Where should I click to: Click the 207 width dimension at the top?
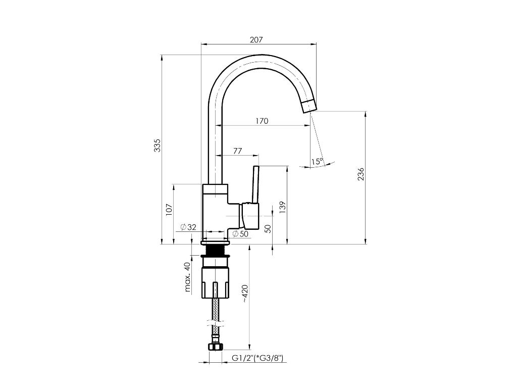(x=256, y=40)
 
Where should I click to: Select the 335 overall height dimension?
(x=158, y=145)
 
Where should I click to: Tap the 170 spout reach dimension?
(x=262, y=121)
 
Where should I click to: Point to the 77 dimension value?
(x=237, y=151)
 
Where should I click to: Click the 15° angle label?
(x=317, y=162)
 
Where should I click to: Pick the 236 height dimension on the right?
(x=361, y=174)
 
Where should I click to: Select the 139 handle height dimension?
(x=283, y=208)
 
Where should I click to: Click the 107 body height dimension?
(x=169, y=210)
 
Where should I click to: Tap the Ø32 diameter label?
(x=188, y=227)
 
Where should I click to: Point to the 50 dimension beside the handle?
(x=268, y=229)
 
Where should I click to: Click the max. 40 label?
(x=187, y=277)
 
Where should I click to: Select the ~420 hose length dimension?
(x=245, y=294)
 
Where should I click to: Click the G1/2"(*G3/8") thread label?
(x=258, y=358)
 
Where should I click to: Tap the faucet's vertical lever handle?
(x=255, y=184)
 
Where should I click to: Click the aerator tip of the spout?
(x=309, y=106)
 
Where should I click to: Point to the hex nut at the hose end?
(x=216, y=347)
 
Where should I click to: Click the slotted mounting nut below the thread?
(x=215, y=283)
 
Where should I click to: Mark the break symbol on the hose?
(x=216, y=323)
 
